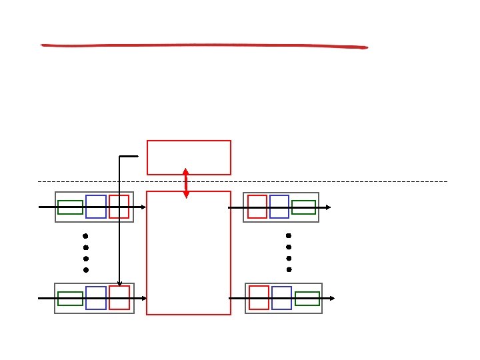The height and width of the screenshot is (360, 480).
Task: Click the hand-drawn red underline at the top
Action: point(203,46)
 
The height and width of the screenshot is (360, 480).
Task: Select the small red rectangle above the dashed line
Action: point(189,157)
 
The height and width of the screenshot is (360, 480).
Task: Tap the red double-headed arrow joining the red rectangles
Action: point(186,183)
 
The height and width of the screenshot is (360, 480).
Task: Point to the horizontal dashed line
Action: point(333,181)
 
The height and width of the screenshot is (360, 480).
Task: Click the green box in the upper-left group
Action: point(70,207)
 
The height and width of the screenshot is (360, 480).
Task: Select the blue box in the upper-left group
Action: point(96,207)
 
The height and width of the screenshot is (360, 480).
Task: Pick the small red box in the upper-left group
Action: point(119,207)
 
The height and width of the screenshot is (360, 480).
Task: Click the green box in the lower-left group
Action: point(70,299)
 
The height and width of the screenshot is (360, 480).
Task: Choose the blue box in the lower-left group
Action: point(96,298)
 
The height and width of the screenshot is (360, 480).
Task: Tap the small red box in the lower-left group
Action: point(119,298)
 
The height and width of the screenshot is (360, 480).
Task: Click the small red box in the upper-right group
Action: point(257,207)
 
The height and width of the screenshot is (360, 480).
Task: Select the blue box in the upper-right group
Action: point(279,207)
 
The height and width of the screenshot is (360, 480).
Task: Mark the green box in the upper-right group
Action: point(303,207)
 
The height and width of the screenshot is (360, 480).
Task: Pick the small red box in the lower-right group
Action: point(259,298)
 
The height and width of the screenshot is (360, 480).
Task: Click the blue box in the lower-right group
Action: point(281,298)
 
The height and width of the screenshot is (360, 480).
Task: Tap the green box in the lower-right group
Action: point(307,299)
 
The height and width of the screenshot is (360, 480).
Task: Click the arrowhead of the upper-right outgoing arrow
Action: point(328,207)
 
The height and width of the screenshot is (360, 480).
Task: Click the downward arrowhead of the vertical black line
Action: point(119,283)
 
